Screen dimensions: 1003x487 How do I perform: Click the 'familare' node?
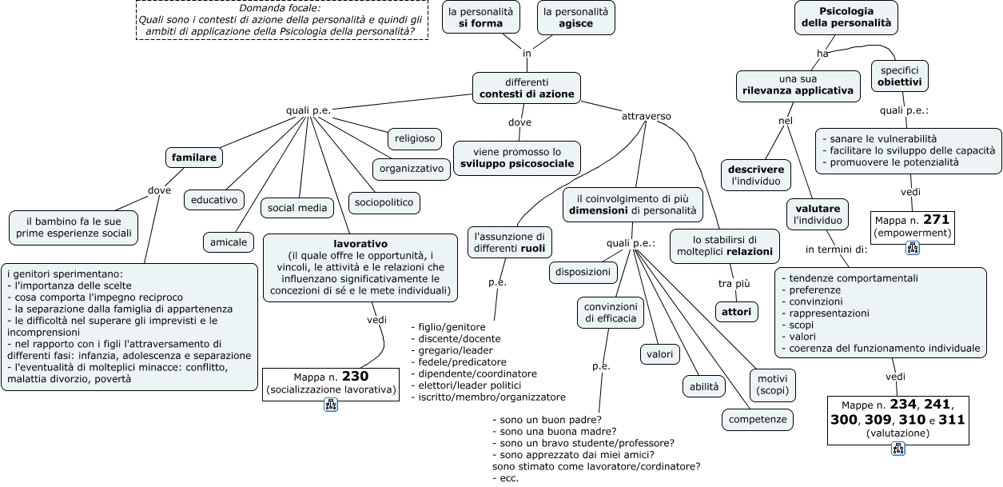[x=194, y=158]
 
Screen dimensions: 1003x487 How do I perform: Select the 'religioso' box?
[x=415, y=138]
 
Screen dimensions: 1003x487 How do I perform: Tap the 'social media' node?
[x=297, y=208]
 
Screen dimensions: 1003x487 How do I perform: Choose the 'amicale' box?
[x=229, y=242]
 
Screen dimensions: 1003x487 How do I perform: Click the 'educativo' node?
[x=214, y=200]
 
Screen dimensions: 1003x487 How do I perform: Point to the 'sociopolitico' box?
[x=384, y=202]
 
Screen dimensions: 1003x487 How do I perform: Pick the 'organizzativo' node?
[x=412, y=169]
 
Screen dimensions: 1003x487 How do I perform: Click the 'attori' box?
[x=737, y=312]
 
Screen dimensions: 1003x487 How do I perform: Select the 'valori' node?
[x=660, y=354]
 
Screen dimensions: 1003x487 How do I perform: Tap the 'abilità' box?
[x=704, y=387]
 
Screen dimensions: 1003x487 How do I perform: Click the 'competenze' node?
[x=758, y=420]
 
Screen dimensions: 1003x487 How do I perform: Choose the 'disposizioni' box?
[x=583, y=273]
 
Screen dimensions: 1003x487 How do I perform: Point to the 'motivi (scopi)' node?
[x=772, y=385]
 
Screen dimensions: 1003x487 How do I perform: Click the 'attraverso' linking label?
[x=646, y=117]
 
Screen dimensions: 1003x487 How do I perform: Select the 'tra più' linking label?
[x=734, y=284]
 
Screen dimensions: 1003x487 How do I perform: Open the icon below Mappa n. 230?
[x=331, y=405]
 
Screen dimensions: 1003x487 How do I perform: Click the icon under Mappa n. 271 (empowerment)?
[x=913, y=248]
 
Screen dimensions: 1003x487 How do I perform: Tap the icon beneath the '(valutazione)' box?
[x=898, y=449]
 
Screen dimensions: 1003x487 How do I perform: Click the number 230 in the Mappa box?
[x=355, y=377]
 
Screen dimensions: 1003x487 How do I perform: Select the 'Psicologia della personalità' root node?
[x=846, y=18]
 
